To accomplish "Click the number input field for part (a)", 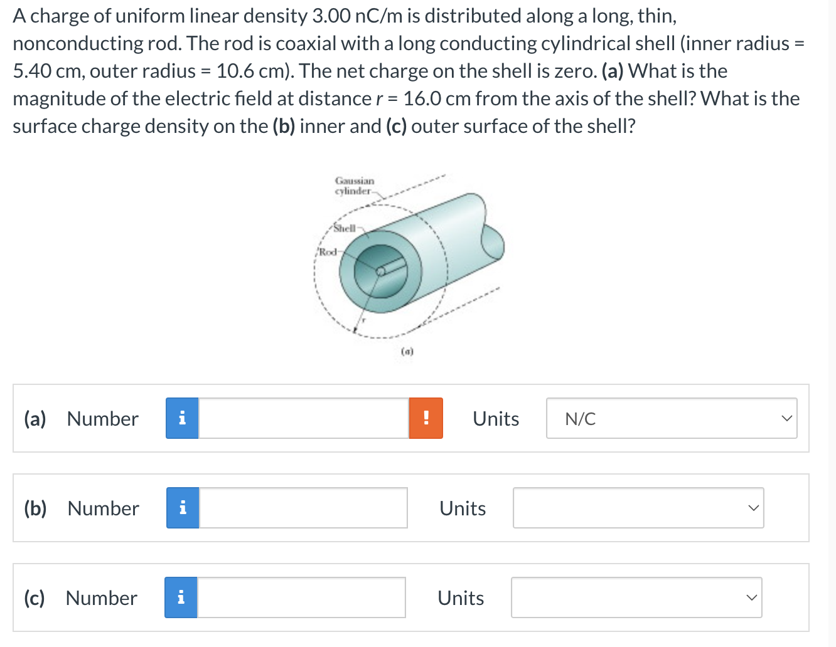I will tap(303, 418).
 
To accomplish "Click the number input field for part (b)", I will tap(303, 508).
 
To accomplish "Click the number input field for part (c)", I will tap(301, 597).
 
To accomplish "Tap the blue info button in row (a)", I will tap(182, 418).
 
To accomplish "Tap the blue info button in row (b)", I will tap(183, 508).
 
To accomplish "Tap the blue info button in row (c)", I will tap(181, 597).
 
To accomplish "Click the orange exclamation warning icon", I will tap(426, 418).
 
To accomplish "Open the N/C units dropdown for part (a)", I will tap(671, 418).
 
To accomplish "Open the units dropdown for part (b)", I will tap(638, 508).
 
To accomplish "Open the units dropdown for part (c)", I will tap(636, 597).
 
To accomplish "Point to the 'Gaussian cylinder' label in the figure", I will tap(354, 186).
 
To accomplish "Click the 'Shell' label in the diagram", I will tap(345, 228).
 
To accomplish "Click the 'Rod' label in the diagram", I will tap(327, 252).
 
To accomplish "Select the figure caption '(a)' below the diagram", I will tap(407, 352).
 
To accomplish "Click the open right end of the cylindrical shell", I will tap(492, 241).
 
